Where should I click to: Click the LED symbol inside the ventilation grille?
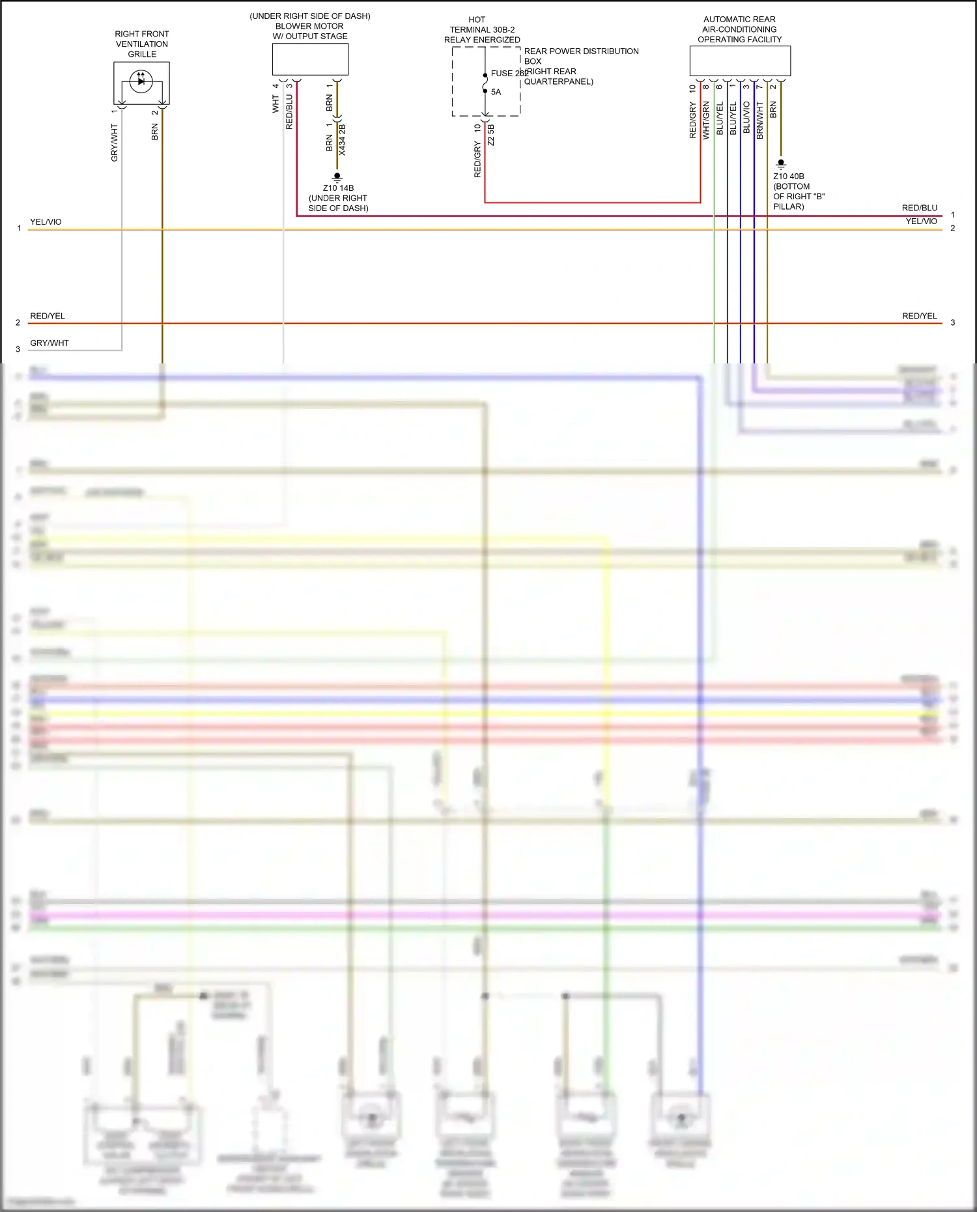pos(141,81)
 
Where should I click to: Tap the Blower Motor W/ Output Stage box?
pos(310,59)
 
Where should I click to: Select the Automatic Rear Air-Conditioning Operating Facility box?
pos(740,61)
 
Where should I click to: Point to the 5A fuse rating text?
pos(496,92)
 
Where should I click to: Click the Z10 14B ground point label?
pos(338,188)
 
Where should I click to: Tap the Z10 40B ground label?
pos(789,176)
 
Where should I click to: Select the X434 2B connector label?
pos(343,139)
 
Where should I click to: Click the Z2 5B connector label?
pos(491,135)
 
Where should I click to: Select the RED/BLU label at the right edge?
pos(919,208)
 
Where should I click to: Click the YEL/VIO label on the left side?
pos(46,222)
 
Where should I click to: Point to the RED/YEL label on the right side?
pos(919,316)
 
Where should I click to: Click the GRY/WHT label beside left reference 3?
pos(50,343)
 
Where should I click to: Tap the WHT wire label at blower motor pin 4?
pos(276,104)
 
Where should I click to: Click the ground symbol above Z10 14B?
pos(337,176)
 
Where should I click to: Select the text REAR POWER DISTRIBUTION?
pos(581,51)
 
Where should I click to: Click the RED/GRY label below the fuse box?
pos(477,160)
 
